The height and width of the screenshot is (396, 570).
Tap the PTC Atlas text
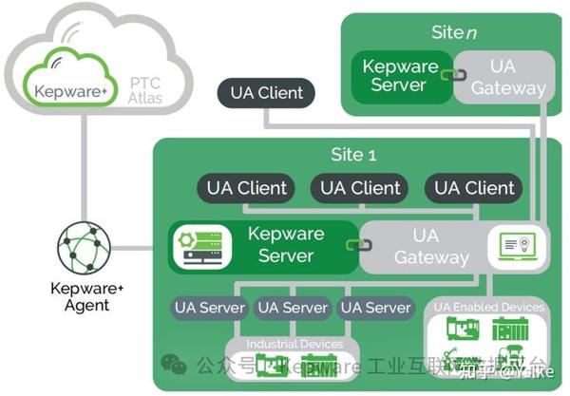pos(145,90)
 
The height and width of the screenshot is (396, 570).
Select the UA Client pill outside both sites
pos(267,93)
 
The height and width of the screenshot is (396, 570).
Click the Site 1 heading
pos(351,154)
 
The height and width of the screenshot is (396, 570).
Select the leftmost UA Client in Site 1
pos(247,188)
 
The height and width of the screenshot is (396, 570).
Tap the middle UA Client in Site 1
pos(361,188)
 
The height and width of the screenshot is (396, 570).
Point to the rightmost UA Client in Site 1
pos(475,188)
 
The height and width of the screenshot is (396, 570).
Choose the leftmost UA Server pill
pos(210,308)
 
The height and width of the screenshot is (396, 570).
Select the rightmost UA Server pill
pos(375,308)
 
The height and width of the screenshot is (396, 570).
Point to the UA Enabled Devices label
pos(489,307)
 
